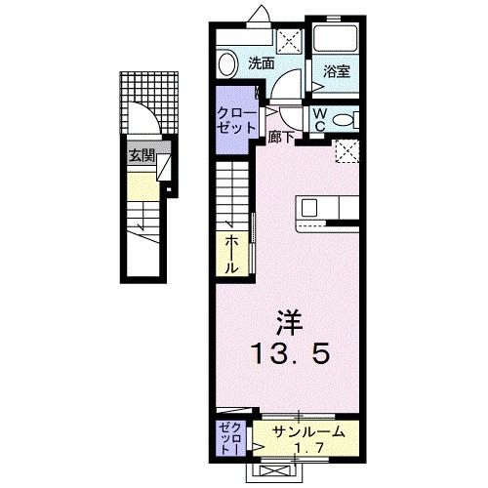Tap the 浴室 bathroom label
pyautogui.click(x=337, y=70)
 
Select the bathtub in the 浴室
pyautogui.click(x=338, y=40)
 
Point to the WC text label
pyautogui.click(x=318, y=119)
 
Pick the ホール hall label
pyautogui.click(x=233, y=251)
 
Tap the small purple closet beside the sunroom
pyautogui.click(x=231, y=439)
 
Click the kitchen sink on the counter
pyautogui.click(x=309, y=208)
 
